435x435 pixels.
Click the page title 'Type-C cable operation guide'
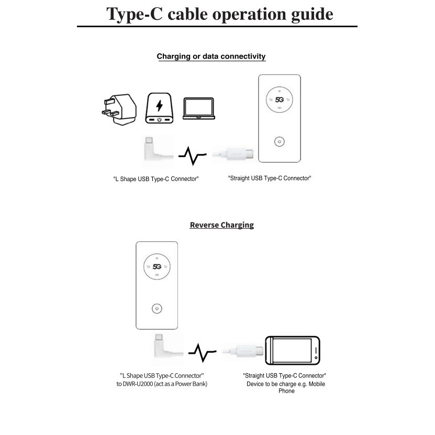click(219, 14)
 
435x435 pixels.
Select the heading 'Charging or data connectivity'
click(211, 57)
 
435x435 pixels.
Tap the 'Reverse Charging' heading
click(221, 225)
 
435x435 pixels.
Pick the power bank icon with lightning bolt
click(159, 109)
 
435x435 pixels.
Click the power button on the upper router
click(280, 141)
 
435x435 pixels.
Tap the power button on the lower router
click(157, 309)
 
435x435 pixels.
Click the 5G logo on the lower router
click(157, 266)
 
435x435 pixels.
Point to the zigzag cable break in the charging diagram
click(192, 155)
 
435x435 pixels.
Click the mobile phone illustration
click(292, 350)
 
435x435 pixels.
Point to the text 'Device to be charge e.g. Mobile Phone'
click(286, 387)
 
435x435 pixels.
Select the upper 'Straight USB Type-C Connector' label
click(270, 179)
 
